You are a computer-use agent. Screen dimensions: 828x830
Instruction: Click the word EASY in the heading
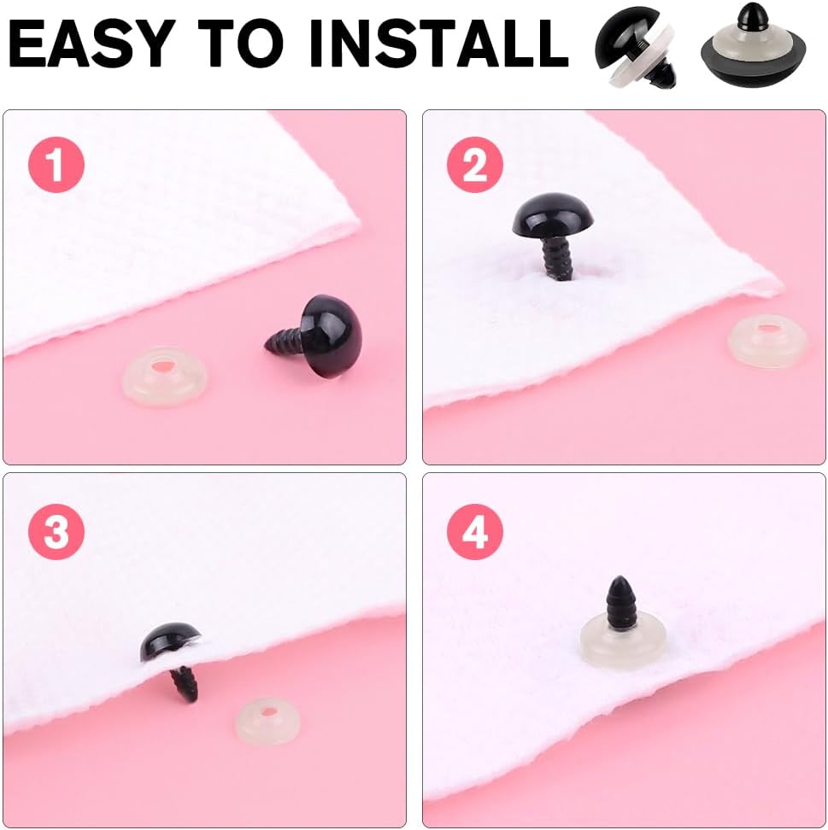[x=91, y=43]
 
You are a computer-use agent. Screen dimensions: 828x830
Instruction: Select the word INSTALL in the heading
[x=439, y=43]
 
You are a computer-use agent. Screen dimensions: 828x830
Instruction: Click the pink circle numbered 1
[x=56, y=165]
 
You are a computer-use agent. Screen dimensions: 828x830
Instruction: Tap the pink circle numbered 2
[x=474, y=165]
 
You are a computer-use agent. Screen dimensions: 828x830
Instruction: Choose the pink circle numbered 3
[x=56, y=531]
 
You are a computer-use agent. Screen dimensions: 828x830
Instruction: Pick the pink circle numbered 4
[x=474, y=531]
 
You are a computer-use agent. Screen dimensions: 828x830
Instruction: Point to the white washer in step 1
[x=165, y=376]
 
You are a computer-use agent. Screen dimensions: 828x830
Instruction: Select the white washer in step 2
[x=767, y=341]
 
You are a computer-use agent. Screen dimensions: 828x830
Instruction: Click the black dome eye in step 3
[x=169, y=640]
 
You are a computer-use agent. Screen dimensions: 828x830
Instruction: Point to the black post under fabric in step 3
[x=185, y=685]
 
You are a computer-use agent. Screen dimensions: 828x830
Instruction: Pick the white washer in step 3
[x=267, y=721]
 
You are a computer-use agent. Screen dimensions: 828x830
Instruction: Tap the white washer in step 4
[x=622, y=640]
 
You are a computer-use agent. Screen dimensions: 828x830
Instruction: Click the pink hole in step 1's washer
[x=164, y=365]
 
